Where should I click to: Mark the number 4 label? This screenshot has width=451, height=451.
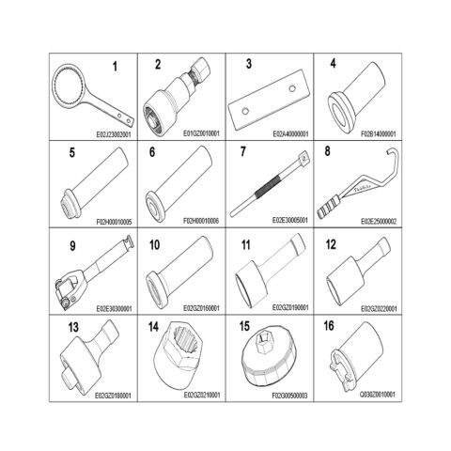333,64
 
